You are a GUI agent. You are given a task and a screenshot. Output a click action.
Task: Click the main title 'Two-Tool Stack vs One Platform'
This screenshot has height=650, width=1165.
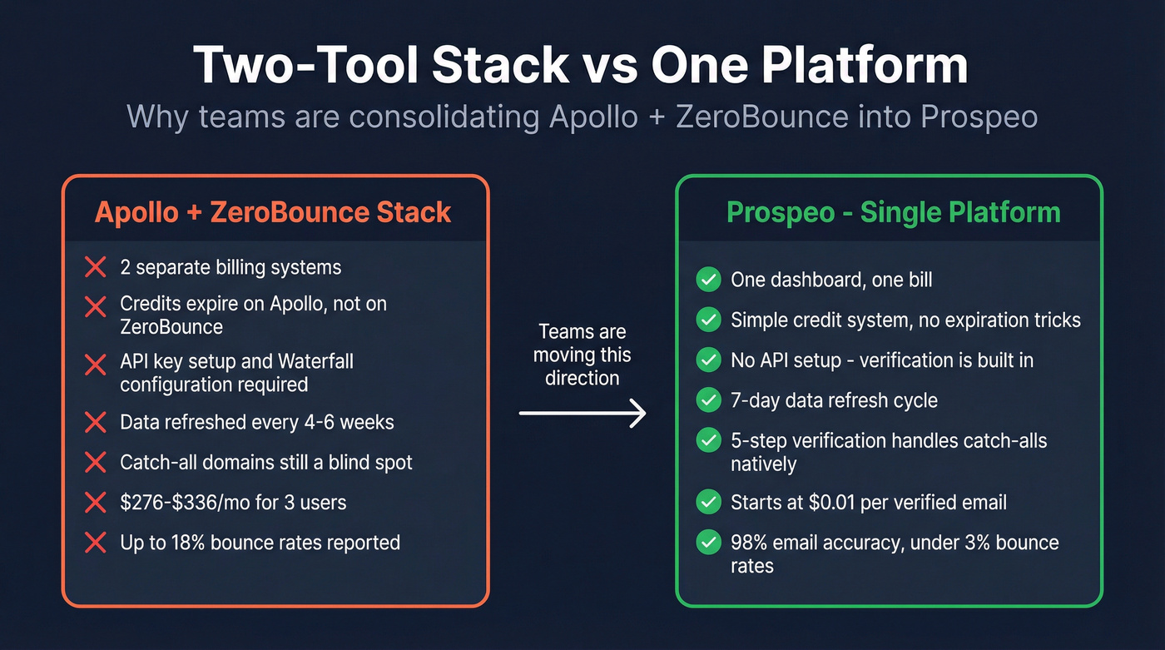click(582, 66)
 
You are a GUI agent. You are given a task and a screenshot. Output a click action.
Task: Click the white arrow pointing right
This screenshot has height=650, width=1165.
click(582, 413)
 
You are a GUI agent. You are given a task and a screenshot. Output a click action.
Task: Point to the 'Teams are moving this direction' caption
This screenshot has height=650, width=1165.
click(582, 355)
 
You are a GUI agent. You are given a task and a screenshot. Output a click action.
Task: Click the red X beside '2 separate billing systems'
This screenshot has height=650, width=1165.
click(96, 267)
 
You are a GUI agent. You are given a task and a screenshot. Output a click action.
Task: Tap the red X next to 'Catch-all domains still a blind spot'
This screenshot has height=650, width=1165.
click(96, 462)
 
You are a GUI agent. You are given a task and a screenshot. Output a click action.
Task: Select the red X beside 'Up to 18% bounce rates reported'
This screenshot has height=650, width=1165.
click(96, 543)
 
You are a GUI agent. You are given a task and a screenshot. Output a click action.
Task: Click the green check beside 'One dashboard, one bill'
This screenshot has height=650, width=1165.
click(708, 280)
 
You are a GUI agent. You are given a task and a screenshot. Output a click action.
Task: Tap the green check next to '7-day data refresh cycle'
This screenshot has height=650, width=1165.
click(708, 400)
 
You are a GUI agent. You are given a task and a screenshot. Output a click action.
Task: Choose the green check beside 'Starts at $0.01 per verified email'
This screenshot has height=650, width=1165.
click(708, 502)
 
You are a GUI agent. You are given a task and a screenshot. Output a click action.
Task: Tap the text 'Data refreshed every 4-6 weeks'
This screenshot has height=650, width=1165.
click(256, 422)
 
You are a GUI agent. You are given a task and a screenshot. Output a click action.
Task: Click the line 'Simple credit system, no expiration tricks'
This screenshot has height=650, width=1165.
click(905, 320)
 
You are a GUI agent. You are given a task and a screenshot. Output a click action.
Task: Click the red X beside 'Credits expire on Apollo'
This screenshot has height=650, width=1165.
click(96, 305)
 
